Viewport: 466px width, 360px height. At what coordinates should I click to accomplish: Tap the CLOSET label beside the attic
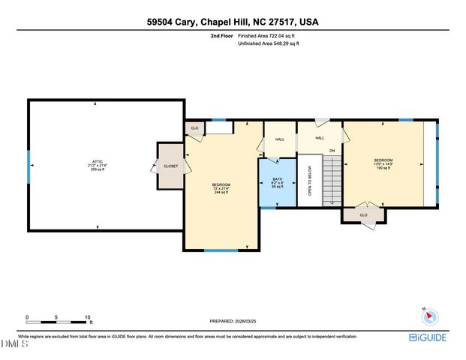(171, 166)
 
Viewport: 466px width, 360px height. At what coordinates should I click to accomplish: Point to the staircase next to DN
(331, 180)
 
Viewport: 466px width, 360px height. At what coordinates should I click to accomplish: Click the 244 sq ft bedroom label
(221, 188)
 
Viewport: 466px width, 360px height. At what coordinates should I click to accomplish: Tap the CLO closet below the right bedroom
(364, 215)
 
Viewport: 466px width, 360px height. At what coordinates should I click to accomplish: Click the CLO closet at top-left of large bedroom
(194, 128)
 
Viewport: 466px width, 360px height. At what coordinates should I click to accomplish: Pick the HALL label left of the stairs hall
(279, 139)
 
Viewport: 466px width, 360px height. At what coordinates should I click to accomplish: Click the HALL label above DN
(319, 138)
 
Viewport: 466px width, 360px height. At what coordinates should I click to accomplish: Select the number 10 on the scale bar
(88, 317)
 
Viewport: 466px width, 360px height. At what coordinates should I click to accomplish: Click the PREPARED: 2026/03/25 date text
(237, 321)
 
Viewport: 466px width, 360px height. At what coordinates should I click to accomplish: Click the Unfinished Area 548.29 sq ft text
(269, 43)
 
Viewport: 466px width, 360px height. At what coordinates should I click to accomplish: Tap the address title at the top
(233, 22)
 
